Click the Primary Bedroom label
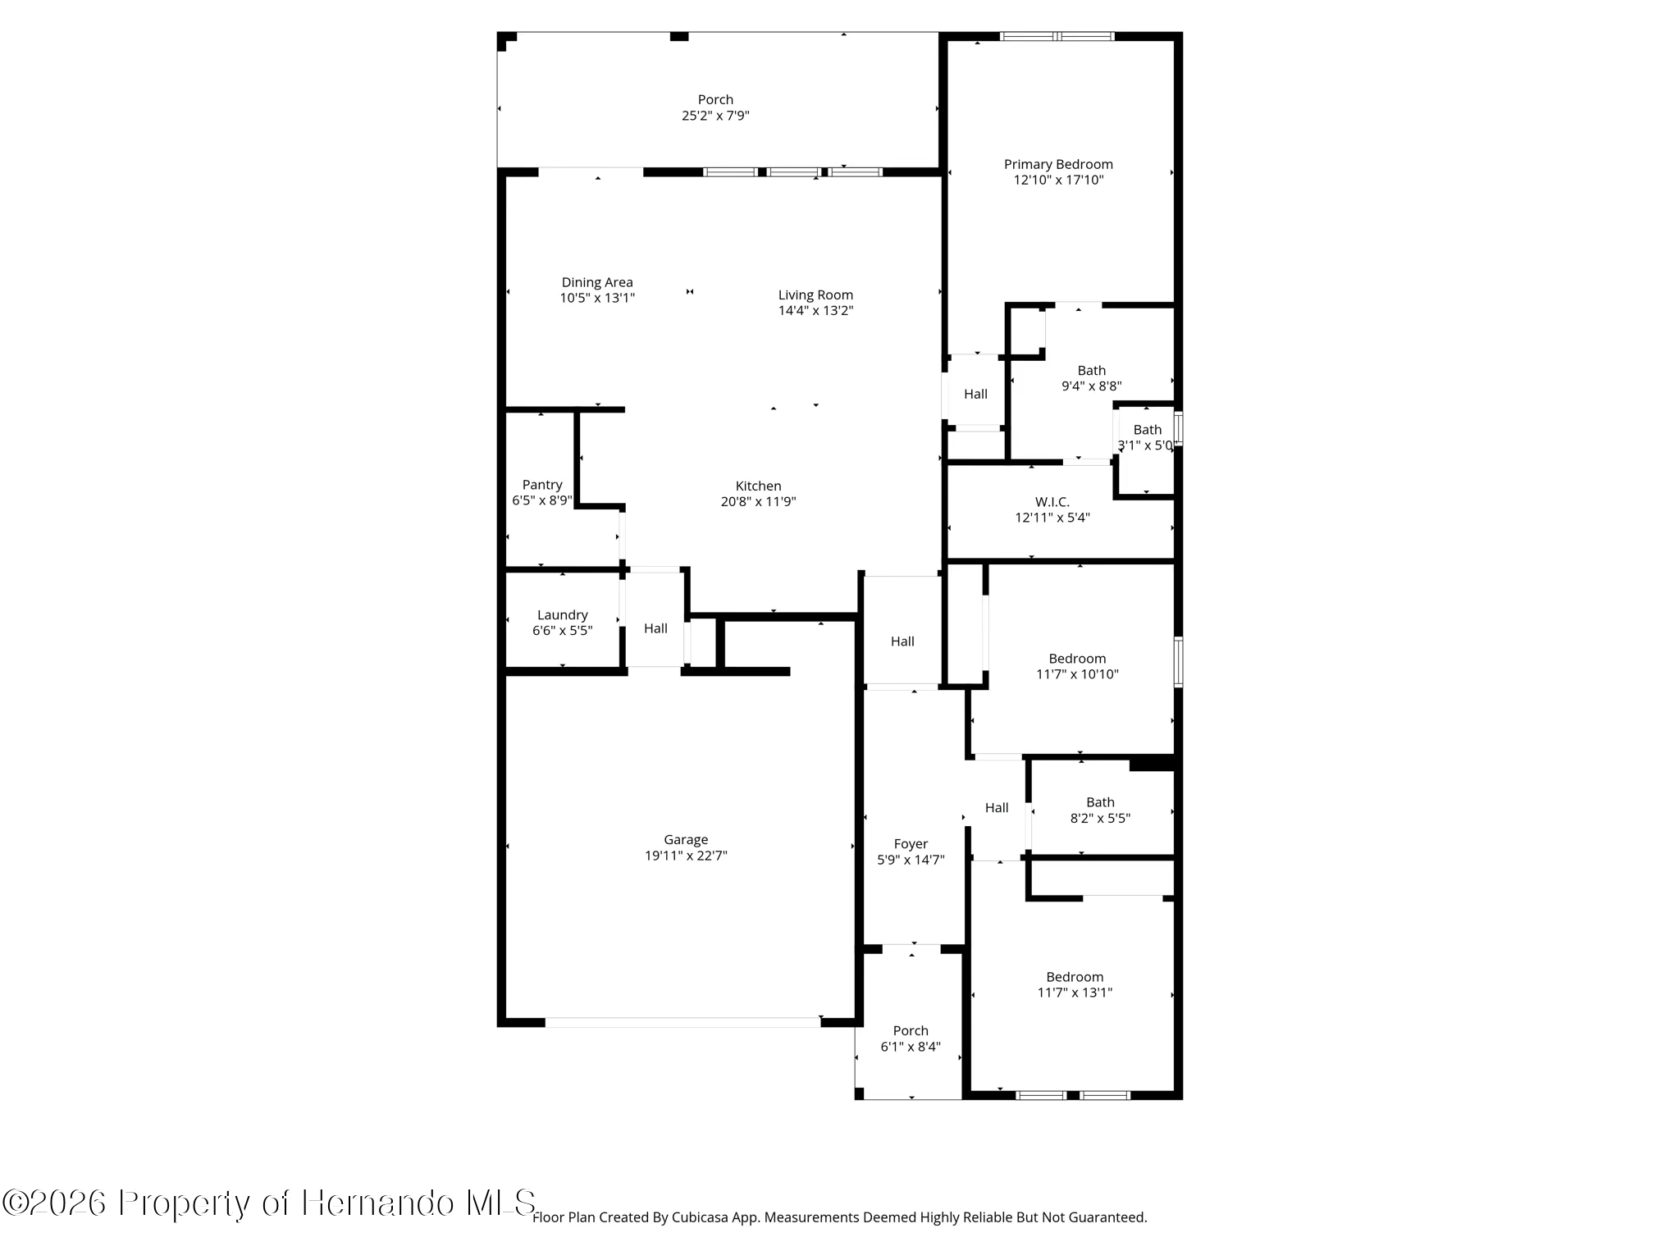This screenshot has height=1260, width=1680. (1058, 164)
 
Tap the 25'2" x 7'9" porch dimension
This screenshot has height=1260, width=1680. (715, 116)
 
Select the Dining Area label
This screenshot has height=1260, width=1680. (596, 282)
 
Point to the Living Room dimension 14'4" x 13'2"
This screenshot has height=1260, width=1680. (815, 311)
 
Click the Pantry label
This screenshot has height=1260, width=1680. (542, 485)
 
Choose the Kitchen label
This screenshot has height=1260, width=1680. (758, 486)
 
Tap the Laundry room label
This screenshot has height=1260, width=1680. (562, 615)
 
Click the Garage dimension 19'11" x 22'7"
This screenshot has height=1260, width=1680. (686, 856)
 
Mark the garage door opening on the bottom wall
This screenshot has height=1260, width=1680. (682, 1022)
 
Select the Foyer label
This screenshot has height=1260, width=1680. (911, 844)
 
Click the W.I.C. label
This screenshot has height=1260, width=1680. (1052, 502)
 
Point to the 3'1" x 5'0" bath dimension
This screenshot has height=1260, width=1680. (1147, 445)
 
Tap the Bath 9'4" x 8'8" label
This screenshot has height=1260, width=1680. (1091, 371)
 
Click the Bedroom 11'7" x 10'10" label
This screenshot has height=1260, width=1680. (1077, 659)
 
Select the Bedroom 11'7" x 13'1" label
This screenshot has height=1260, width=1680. (1075, 977)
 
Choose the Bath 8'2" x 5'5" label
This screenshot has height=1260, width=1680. (1100, 802)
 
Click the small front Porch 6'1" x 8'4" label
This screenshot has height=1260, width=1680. (911, 1031)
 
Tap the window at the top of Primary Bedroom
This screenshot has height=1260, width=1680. (1057, 36)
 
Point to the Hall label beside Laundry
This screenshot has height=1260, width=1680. (655, 628)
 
